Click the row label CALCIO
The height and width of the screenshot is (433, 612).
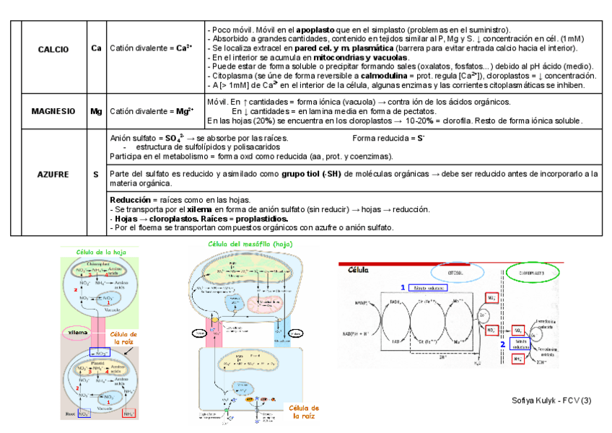point(53,49)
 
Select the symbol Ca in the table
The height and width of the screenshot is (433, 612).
point(96,49)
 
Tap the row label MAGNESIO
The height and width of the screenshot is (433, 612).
point(53,112)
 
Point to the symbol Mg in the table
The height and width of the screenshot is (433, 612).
point(96,112)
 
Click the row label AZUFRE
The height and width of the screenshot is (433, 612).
point(53,175)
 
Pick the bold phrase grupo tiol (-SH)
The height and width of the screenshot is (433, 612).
point(312,174)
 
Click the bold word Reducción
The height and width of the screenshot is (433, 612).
point(130,200)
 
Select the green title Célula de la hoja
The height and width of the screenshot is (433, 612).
point(101,251)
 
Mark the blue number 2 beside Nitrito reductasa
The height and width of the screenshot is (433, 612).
point(502,344)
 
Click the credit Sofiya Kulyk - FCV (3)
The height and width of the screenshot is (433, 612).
point(551,399)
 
